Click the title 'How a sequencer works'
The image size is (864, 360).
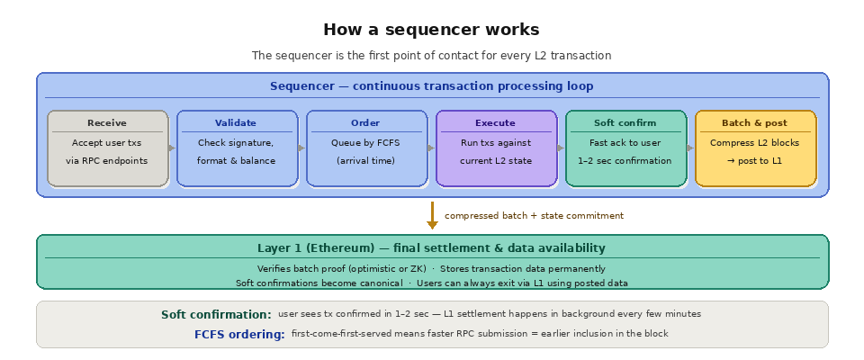point(431,30)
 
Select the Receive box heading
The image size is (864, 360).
point(107,123)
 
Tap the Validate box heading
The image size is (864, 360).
point(236,123)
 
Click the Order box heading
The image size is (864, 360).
point(365,123)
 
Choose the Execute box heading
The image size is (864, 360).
point(495,123)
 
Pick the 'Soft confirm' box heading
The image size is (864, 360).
point(625,123)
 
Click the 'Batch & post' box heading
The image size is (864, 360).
point(754,123)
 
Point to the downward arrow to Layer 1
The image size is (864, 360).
point(432,216)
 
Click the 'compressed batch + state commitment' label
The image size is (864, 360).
point(534,216)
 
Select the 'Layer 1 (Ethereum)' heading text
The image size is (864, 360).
point(431,248)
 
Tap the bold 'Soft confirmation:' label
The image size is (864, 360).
point(216,315)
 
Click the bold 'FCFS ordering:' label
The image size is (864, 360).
point(239,334)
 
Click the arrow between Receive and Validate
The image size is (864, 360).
point(173,148)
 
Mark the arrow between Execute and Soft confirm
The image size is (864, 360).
point(562,148)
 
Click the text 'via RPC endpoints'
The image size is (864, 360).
point(107,161)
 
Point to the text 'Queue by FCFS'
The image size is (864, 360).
point(365,143)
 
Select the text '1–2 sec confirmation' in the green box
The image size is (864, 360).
point(625,161)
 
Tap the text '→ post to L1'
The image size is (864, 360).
point(754,161)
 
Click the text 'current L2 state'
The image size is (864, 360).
point(495,161)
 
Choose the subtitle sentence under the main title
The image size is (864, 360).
point(431,56)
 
